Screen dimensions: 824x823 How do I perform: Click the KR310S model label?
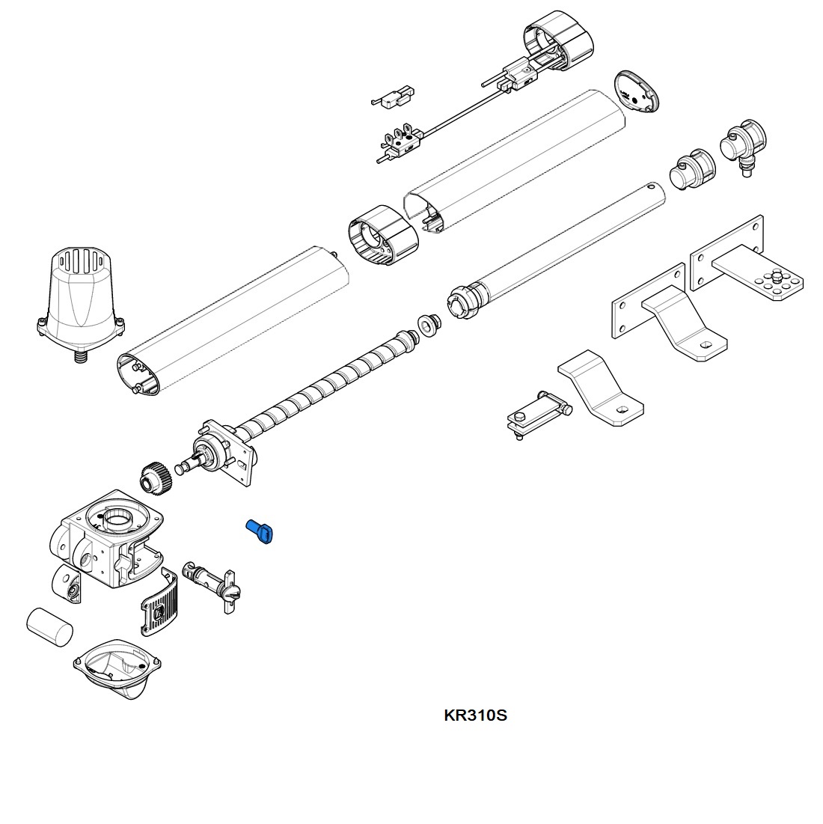475,715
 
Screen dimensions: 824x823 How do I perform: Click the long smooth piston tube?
561,247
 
